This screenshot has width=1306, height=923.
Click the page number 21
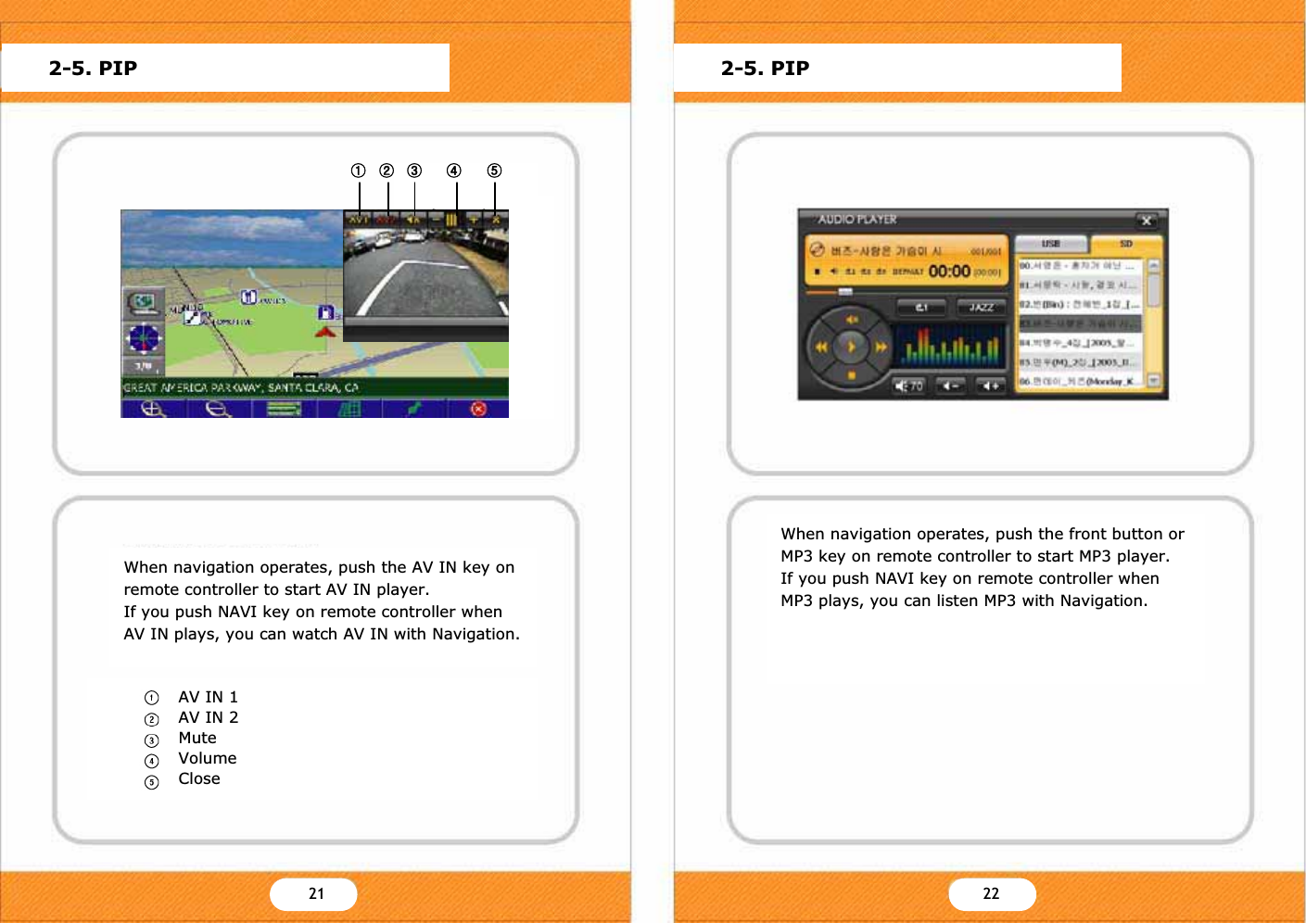pyautogui.click(x=316, y=893)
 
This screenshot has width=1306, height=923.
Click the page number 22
pyautogui.click(x=991, y=893)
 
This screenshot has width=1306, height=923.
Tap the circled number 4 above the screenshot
pyautogui.click(x=453, y=171)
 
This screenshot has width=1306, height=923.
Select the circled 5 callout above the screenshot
pyautogui.click(x=494, y=171)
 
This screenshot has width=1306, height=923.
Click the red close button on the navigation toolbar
pyautogui.click(x=478, y=409)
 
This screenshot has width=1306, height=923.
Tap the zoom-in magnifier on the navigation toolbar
pyautogui.click(x=153, y=409)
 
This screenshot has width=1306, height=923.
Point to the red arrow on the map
pyautogui.click(x=324, y=331)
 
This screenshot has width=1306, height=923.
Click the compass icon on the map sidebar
pyautogui.click(x=144, y=338)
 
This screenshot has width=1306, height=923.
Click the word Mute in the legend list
pyautogui.click(x=197, y=738)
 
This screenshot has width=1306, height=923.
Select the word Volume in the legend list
pyautogui.click(x=208, y=758)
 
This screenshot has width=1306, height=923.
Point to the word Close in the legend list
pyautogui.click(x=199, y=778)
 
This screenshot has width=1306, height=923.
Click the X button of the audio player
pyautogui.click(x=1147, y=221)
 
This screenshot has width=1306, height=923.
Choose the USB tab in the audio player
pyautogui.click(x=1051, y=244)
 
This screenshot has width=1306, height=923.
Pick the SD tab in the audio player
pyautogui.click(x=1125, y=244)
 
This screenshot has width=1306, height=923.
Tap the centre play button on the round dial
pyautogui.click(x=851, y=348)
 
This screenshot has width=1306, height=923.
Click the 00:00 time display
pyautogui.click(x=949, y=272)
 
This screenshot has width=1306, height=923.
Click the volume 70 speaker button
pyautogui.click(x=908, y=386)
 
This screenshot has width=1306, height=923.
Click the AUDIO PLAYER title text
pyautogui.click(x=857, y=220)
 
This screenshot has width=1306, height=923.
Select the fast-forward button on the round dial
pyautogui.click(x=881, y=348)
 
